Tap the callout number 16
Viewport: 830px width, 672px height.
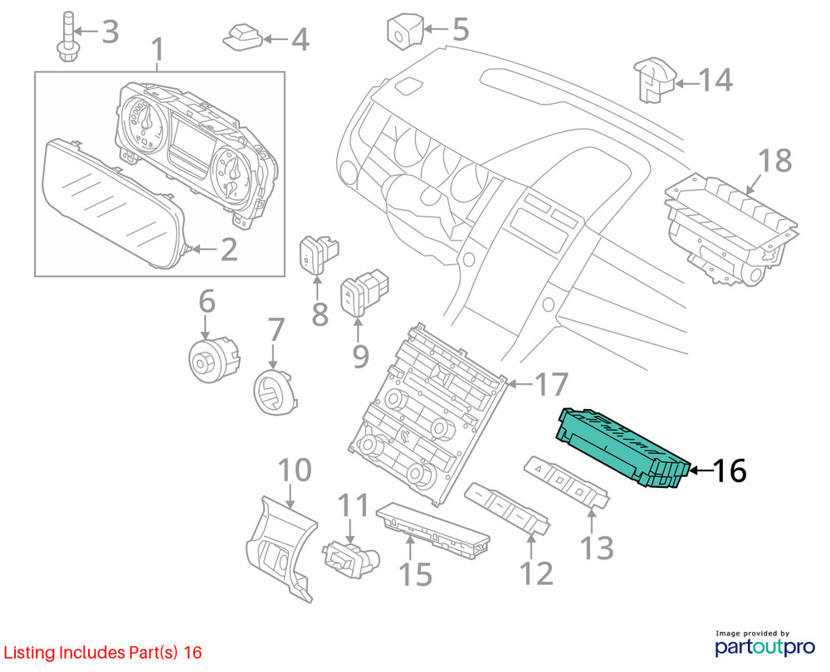(729, 471)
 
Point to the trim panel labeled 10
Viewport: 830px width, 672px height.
(281, 543)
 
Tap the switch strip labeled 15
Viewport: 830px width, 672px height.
(432, 526)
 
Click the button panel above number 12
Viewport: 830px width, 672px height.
(506, 507)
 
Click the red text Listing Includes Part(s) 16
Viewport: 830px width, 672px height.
(102, 653)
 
